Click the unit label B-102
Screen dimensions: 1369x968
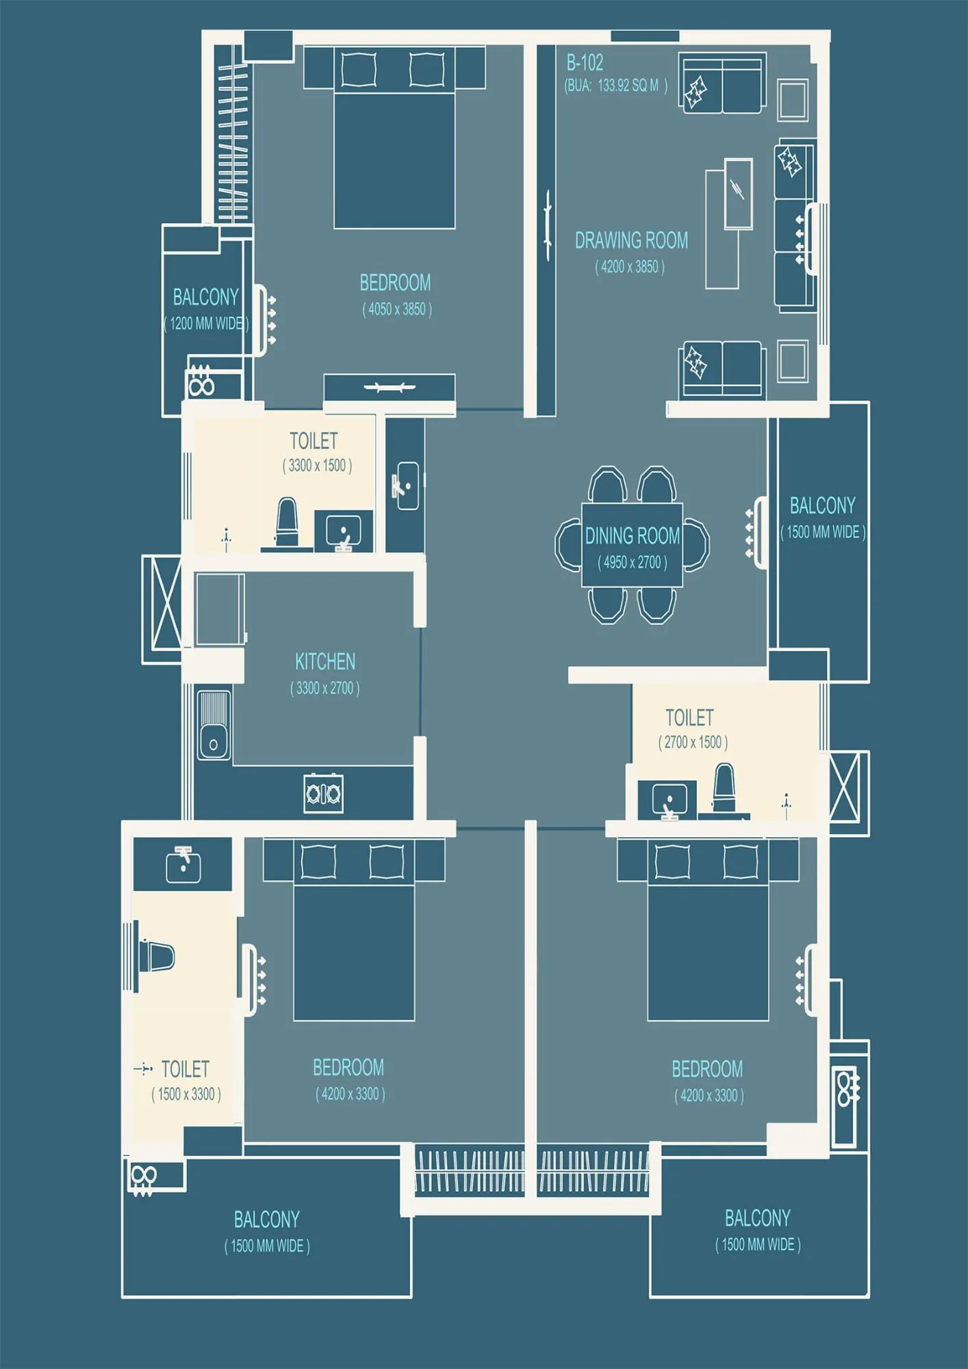coord(585,63)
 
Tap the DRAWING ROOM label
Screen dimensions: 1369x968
coord(631,240)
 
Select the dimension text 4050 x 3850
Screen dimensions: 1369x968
coord(397,309)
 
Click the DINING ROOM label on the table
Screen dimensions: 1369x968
coord(632,535)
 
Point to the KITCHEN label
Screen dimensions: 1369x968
coord(325,661)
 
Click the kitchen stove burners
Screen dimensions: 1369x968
coord(324,793)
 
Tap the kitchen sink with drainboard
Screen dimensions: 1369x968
coord(214,725)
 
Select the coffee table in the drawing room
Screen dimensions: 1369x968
coord(738,194)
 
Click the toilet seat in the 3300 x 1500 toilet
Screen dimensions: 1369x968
coord(287,522)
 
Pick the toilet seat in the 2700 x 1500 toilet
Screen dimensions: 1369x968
coord(724,787)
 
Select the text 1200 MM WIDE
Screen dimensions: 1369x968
coord(206,323)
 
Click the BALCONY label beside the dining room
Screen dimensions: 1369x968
coord(822,505)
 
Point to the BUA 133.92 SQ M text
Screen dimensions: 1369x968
coord(615,86)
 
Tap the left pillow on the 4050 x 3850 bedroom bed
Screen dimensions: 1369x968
coord(359,69)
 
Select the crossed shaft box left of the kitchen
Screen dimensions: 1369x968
coord(162,609)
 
